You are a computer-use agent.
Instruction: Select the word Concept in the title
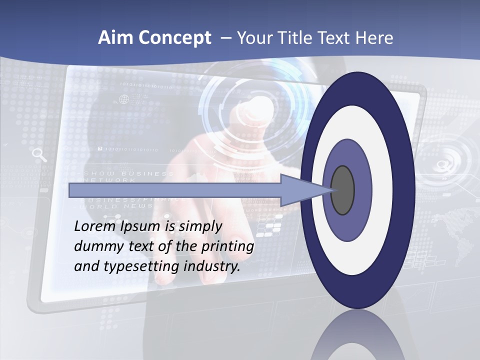click(175, 38)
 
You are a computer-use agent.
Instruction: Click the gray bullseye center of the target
click(342, 190)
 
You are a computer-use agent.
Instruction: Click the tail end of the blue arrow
click(70, 190)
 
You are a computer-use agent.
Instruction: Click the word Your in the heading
click(253, 38)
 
